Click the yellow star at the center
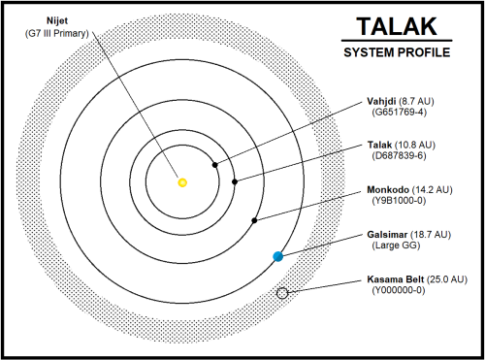(182, 181)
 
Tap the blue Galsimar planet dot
(277, 256)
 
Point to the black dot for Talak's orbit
(234, 180)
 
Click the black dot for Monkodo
(254, 220)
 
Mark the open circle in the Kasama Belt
(282, 293)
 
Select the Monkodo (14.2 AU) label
(406, 190)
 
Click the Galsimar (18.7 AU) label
(406, 234)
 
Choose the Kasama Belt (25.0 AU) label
(411, 279)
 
